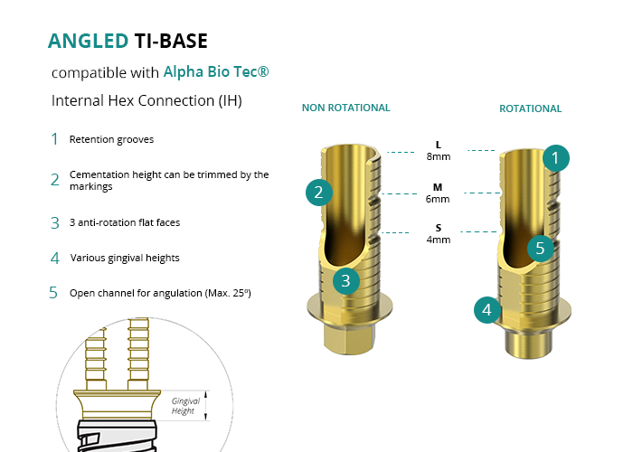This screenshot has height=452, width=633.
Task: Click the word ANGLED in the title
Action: point(88,41)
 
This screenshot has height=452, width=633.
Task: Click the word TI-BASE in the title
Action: point(171,41)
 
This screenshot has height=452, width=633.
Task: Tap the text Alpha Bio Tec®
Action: point(216,71)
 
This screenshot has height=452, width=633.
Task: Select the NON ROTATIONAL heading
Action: point(345,108)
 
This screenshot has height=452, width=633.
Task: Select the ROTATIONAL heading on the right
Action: point(530,108)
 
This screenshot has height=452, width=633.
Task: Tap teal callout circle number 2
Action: point(318,192)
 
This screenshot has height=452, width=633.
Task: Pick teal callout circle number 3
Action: point(345,280)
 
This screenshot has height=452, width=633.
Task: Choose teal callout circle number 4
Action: point(487,311)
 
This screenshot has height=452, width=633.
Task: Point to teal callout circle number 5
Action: point(539,247)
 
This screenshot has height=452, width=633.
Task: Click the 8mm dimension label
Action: point(439,156)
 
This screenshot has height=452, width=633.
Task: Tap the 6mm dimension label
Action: point(439,199)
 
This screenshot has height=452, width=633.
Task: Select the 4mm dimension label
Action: point(439,240)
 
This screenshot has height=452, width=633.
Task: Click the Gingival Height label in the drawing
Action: point(185,406)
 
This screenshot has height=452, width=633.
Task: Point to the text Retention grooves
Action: point(111,139)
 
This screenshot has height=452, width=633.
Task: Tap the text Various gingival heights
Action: point(125,258)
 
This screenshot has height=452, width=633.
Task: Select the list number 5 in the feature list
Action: point(54,293)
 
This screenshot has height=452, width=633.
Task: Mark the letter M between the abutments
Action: point(439,187)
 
